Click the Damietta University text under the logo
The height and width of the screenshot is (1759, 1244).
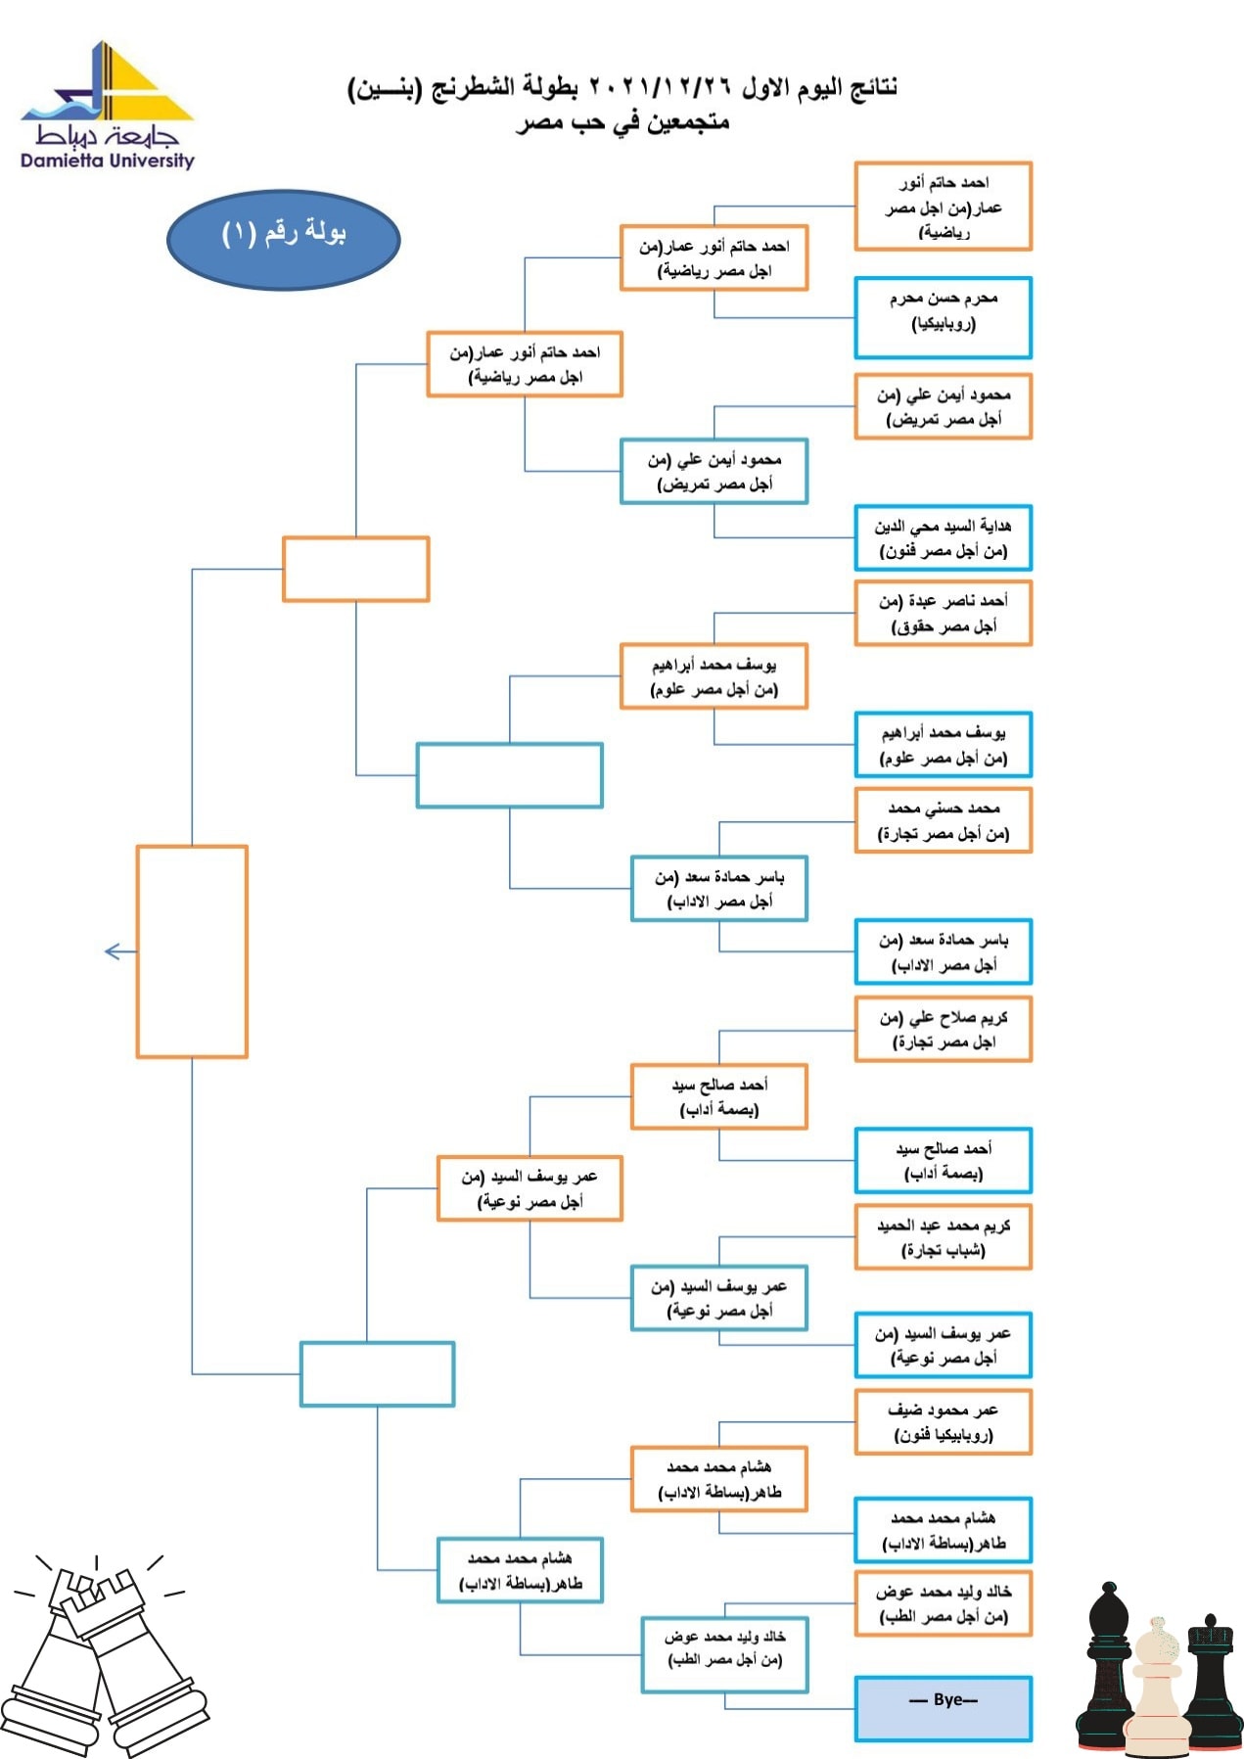coord(108,161)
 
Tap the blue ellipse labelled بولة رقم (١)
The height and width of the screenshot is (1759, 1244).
coord(284,239)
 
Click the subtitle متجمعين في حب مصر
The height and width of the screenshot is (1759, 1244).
coord(622,122)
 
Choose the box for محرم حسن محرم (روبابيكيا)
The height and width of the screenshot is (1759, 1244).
coord(944,318)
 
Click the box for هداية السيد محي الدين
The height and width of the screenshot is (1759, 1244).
coord(944,538)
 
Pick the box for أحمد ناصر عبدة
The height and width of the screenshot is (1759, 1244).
coord(944,614)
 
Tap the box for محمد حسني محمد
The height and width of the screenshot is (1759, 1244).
coord(944,821)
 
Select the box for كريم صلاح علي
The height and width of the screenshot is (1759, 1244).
coord(944,1030)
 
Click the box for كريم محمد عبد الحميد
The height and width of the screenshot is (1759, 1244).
coord(944,1237)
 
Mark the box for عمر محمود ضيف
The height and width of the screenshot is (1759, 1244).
coord(944,1422)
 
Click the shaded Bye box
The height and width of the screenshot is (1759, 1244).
coord(944,1709)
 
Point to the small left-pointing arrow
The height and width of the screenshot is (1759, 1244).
coord(119,951)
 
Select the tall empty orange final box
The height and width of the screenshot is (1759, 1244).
coord(192,951)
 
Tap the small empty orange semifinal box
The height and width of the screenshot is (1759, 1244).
coord(356,569)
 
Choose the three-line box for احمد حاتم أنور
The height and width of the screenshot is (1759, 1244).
coord(944,207)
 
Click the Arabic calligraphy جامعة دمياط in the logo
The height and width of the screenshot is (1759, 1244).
coord(107,135)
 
